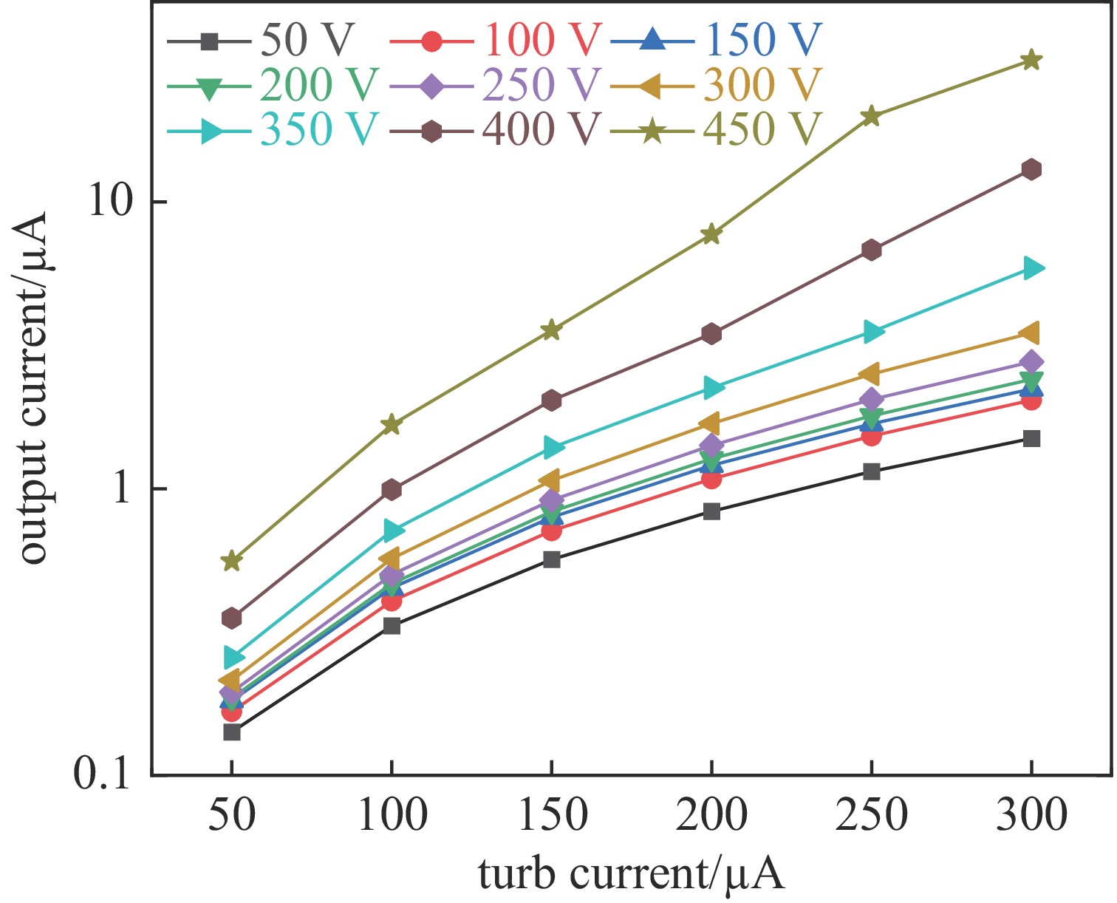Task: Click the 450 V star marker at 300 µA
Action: tap(1031, 60)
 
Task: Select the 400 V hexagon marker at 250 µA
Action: tap(872, 251)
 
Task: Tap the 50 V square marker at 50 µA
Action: tap(232, 732)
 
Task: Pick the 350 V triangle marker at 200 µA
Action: tap(712, 387)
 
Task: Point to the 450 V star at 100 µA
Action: tap(392, 425)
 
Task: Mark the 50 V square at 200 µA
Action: tap(711, 511)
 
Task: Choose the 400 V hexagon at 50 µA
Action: tap(232, 618)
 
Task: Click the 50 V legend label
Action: tap(307, 41)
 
